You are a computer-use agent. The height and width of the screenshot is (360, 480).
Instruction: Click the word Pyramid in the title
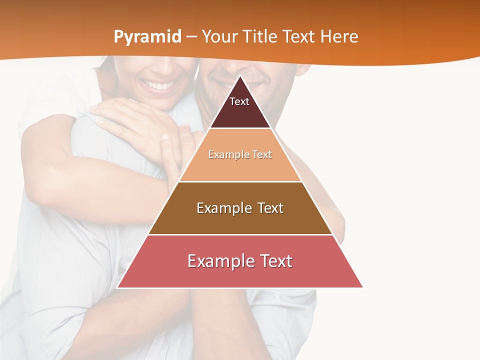[147, 37]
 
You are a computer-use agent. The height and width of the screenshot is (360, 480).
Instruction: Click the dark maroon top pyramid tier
[240, 112]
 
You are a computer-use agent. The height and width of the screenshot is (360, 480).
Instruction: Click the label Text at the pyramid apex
[239, 101]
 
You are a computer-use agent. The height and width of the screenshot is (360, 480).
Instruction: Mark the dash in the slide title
[191, 37]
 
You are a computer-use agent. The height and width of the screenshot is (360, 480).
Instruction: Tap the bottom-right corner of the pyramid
[362, 287]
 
